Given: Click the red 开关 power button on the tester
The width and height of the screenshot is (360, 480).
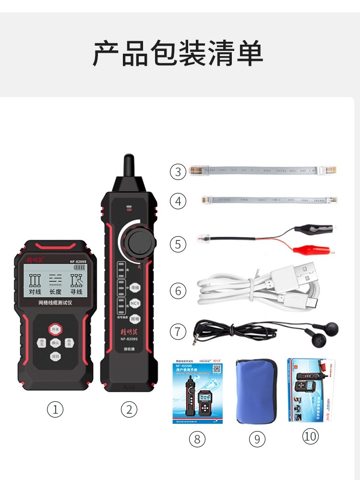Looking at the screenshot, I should [55, 329].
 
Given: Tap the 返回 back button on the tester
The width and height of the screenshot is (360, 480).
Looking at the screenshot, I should [55, 356].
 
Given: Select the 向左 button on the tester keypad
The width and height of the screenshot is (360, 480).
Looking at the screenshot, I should [42, 343].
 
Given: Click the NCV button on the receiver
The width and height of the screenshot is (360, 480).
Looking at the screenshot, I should [135, 303].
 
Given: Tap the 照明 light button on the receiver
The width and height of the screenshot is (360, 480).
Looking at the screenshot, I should [135, 318].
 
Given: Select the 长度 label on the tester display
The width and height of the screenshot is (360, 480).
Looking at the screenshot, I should [55, 291].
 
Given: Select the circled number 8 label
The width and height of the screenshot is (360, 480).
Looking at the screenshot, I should [197, 438].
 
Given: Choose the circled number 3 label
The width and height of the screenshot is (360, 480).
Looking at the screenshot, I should [178, 172].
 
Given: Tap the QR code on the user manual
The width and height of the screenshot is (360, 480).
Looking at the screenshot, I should [217, 369].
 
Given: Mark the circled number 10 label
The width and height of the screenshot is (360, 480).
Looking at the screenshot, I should [311, 436].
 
